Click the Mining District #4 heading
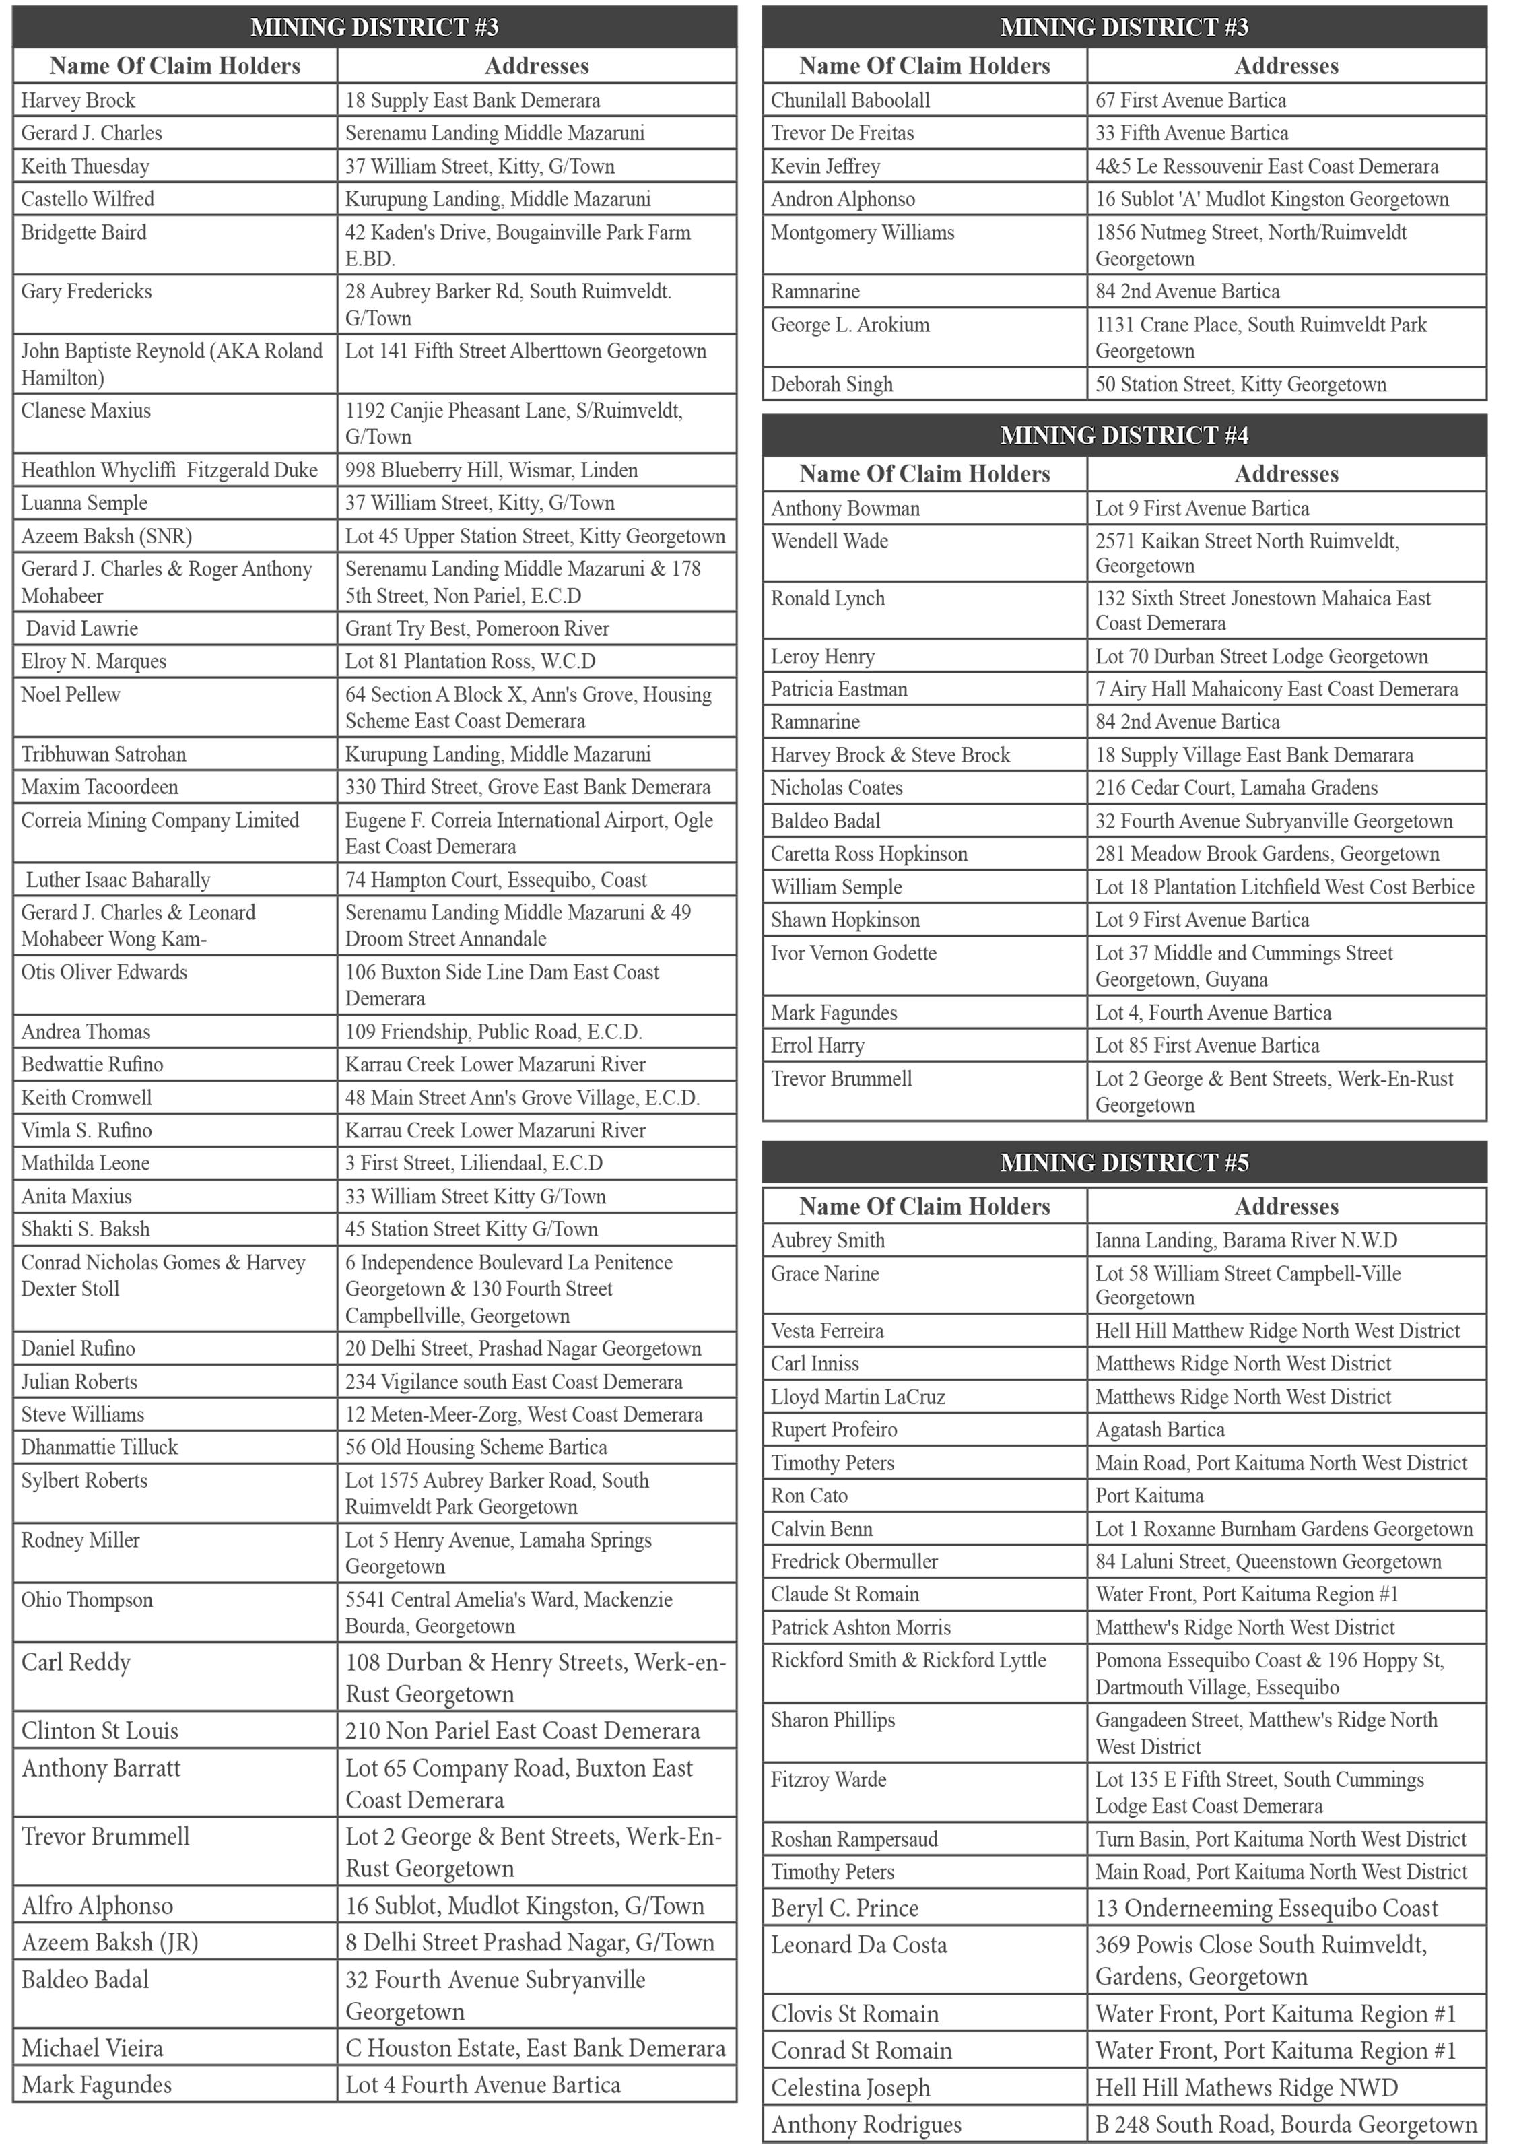1124,436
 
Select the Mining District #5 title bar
1124,1163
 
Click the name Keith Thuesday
86,166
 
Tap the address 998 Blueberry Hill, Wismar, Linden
491,470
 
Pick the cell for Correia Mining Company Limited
160,820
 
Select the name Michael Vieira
92,2048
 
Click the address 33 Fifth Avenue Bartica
1191,133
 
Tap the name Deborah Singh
832,385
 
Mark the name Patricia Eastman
839,689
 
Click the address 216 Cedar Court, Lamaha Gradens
1236,787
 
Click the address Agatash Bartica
1159,1430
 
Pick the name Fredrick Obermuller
854,1562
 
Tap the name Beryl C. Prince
845,1908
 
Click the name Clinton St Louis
100,1731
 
